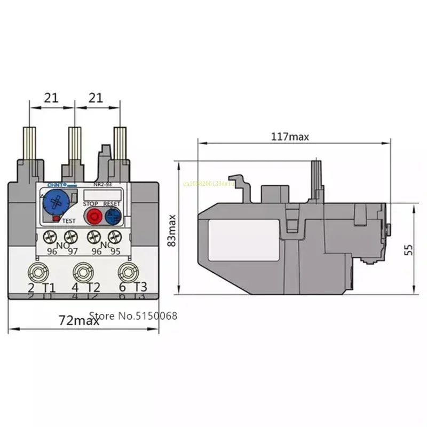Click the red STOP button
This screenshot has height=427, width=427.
point(94,216)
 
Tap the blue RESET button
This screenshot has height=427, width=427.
point(113,216)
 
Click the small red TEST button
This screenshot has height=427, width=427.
point(56,218)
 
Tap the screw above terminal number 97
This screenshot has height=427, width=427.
point(70,236)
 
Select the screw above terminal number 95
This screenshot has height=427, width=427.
point(113,236)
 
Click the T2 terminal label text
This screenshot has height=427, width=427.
point(93,287)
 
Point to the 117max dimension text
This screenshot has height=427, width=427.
point(290,137)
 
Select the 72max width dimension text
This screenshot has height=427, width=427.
point(79,321)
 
